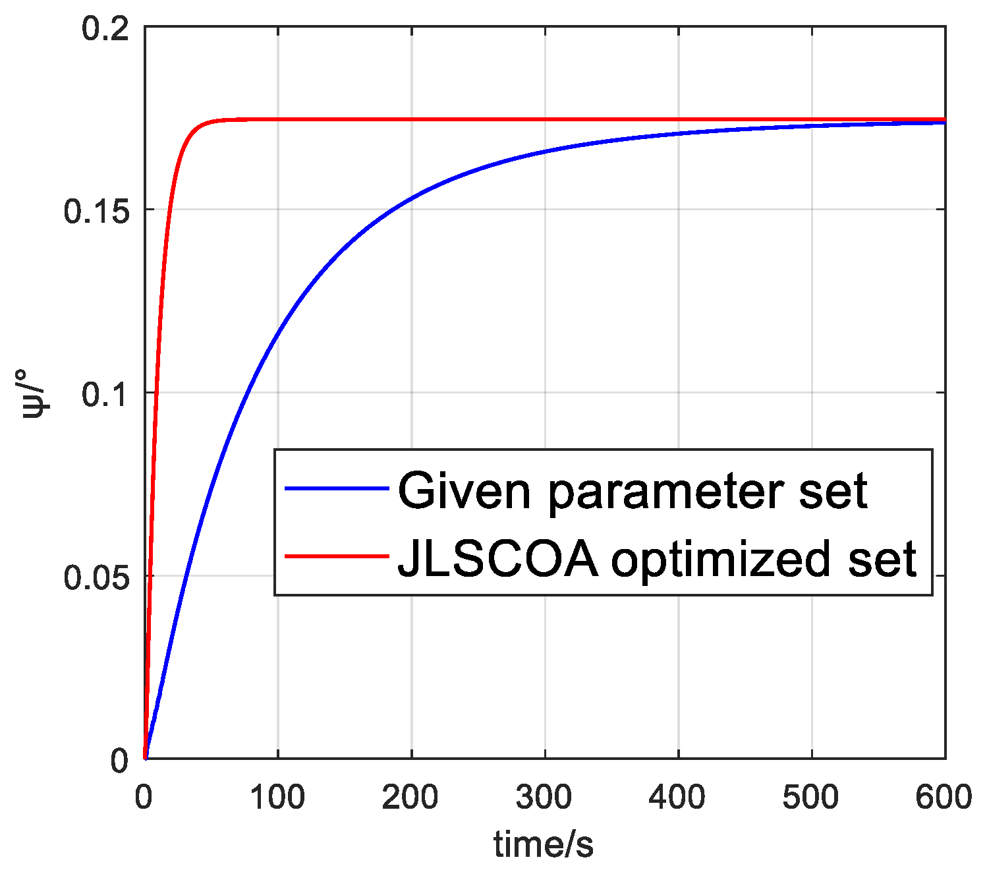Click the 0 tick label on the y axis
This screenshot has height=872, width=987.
(119, 761)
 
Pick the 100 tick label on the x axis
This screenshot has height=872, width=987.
(277, 798)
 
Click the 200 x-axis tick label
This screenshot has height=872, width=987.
(411, 798)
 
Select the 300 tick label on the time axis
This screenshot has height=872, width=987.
(545, 798)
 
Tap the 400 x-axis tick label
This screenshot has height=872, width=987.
(678, 798)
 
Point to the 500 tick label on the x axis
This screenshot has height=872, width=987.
(811, 798)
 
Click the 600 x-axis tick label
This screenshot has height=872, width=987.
(944, 798)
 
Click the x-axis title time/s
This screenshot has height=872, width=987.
(544, 844)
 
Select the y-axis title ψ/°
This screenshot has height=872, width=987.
(35, 393)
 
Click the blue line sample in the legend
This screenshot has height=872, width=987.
(336, 488)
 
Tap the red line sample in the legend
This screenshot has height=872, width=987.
(336, 556)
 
